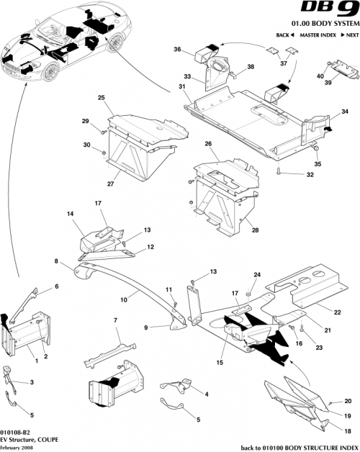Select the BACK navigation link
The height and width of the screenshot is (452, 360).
[285, 35]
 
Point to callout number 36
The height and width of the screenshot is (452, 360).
[177, 49]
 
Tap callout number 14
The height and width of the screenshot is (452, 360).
[71, 214]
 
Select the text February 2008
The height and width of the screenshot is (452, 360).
[17, 447]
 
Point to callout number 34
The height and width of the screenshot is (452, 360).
[345, 112]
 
